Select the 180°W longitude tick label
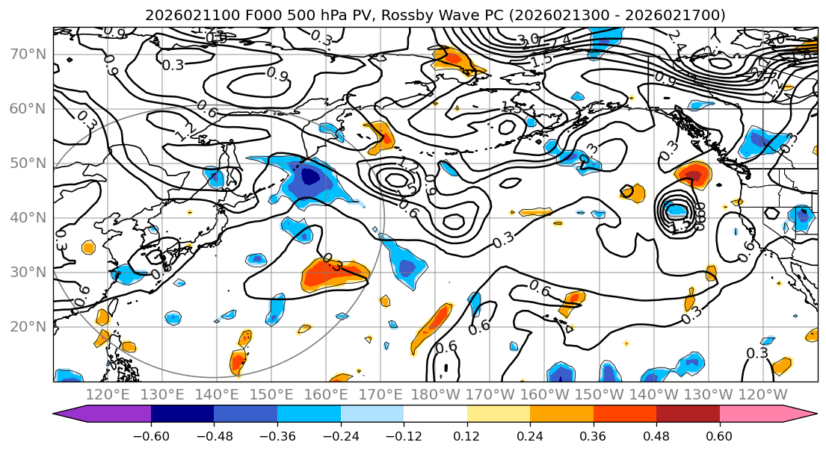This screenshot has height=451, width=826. tap(436, 394)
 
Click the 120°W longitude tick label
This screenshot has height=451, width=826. tap(763, 394)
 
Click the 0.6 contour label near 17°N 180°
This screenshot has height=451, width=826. tap(446, 346)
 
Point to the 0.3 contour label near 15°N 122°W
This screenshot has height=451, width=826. tap(757, 353)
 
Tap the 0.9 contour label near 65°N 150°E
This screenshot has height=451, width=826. tap(277, 75)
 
